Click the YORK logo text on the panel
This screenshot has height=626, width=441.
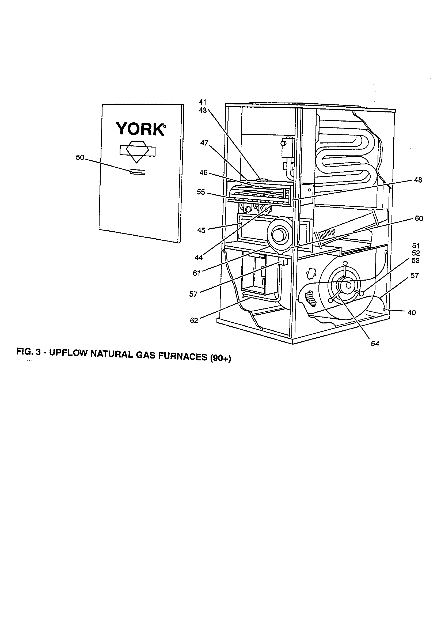point(140,129)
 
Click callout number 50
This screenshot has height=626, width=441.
point(80,158)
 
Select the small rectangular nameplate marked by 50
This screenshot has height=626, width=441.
point(138,172)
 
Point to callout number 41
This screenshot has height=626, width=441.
point(203,102)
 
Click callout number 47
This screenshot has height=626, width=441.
point(204,143)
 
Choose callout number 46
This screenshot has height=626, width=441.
point(203,173)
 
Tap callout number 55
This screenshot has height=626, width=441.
point(201,192)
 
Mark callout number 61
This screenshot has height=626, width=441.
point(196,273)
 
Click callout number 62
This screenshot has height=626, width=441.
point(194,321)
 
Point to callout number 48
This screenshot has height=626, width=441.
point(417,180)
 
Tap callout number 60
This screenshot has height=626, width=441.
point(419,218)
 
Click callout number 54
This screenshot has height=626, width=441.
point(375,344)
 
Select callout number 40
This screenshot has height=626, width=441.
point(412,312)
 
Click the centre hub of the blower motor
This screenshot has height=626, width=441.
point(349,285)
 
